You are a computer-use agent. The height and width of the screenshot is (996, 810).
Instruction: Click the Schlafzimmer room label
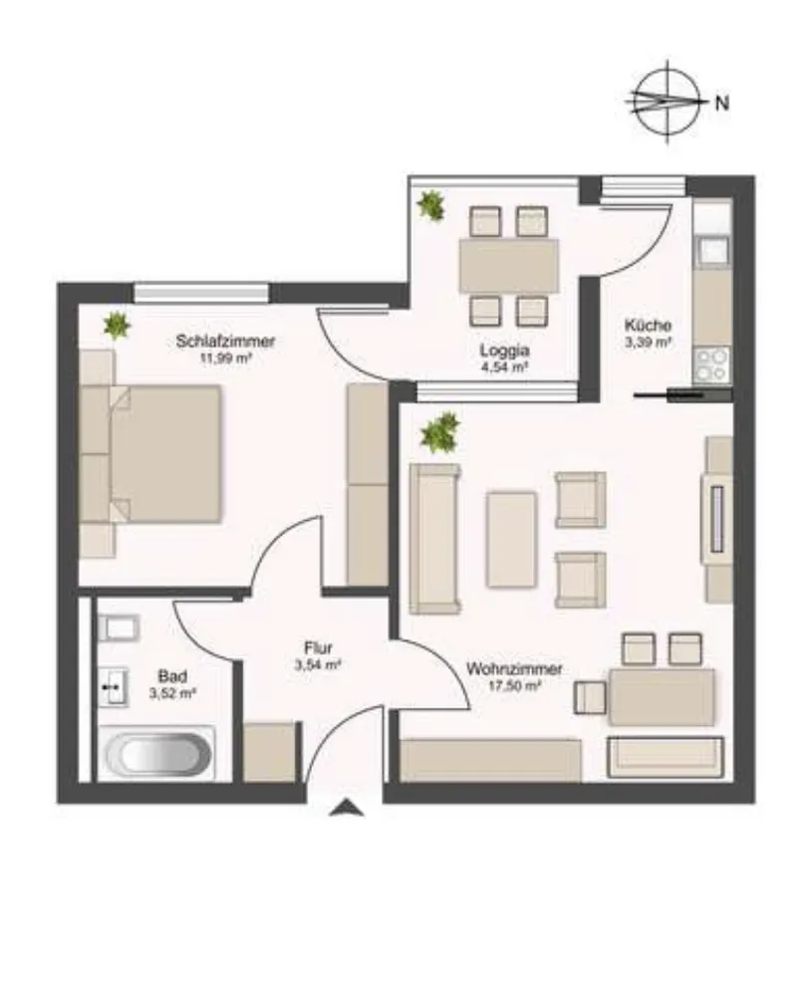click(225, 341)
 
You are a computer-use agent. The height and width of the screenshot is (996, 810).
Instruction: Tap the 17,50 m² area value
click(514, 685)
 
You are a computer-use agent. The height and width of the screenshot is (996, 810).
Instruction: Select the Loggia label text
click(504, 351)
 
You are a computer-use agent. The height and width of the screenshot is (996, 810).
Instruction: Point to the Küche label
click(648, 326)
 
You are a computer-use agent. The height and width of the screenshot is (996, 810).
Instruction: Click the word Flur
click(318, 648)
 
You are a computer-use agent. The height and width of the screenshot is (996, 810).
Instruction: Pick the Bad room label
click(172, 676)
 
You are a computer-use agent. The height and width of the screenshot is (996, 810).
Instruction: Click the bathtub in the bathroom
click(157, 753)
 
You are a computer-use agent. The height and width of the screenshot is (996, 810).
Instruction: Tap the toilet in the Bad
click(119, 628)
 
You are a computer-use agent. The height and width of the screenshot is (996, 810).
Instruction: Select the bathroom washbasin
click(114, 686)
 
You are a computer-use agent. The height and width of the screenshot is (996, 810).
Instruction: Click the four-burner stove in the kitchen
click(711, 366)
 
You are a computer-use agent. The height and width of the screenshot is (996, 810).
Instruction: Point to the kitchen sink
click(712, 249)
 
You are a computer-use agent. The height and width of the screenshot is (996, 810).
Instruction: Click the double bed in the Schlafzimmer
click(151, 453)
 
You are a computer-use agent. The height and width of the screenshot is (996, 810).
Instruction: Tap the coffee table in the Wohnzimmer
click(511, 539)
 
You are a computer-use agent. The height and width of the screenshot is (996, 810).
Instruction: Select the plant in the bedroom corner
click(117, 327)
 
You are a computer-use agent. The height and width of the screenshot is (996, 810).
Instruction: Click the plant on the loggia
click(430, 205)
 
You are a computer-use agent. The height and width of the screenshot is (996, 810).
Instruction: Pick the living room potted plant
click(439, 432)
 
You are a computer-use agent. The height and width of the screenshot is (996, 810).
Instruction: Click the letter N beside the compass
click(721, 103)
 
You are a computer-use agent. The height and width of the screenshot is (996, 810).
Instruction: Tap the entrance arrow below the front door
click(347, 808)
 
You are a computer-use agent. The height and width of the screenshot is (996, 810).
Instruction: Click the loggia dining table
click(509, 266)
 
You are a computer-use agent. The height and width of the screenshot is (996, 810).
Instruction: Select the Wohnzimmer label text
click(514, 669)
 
